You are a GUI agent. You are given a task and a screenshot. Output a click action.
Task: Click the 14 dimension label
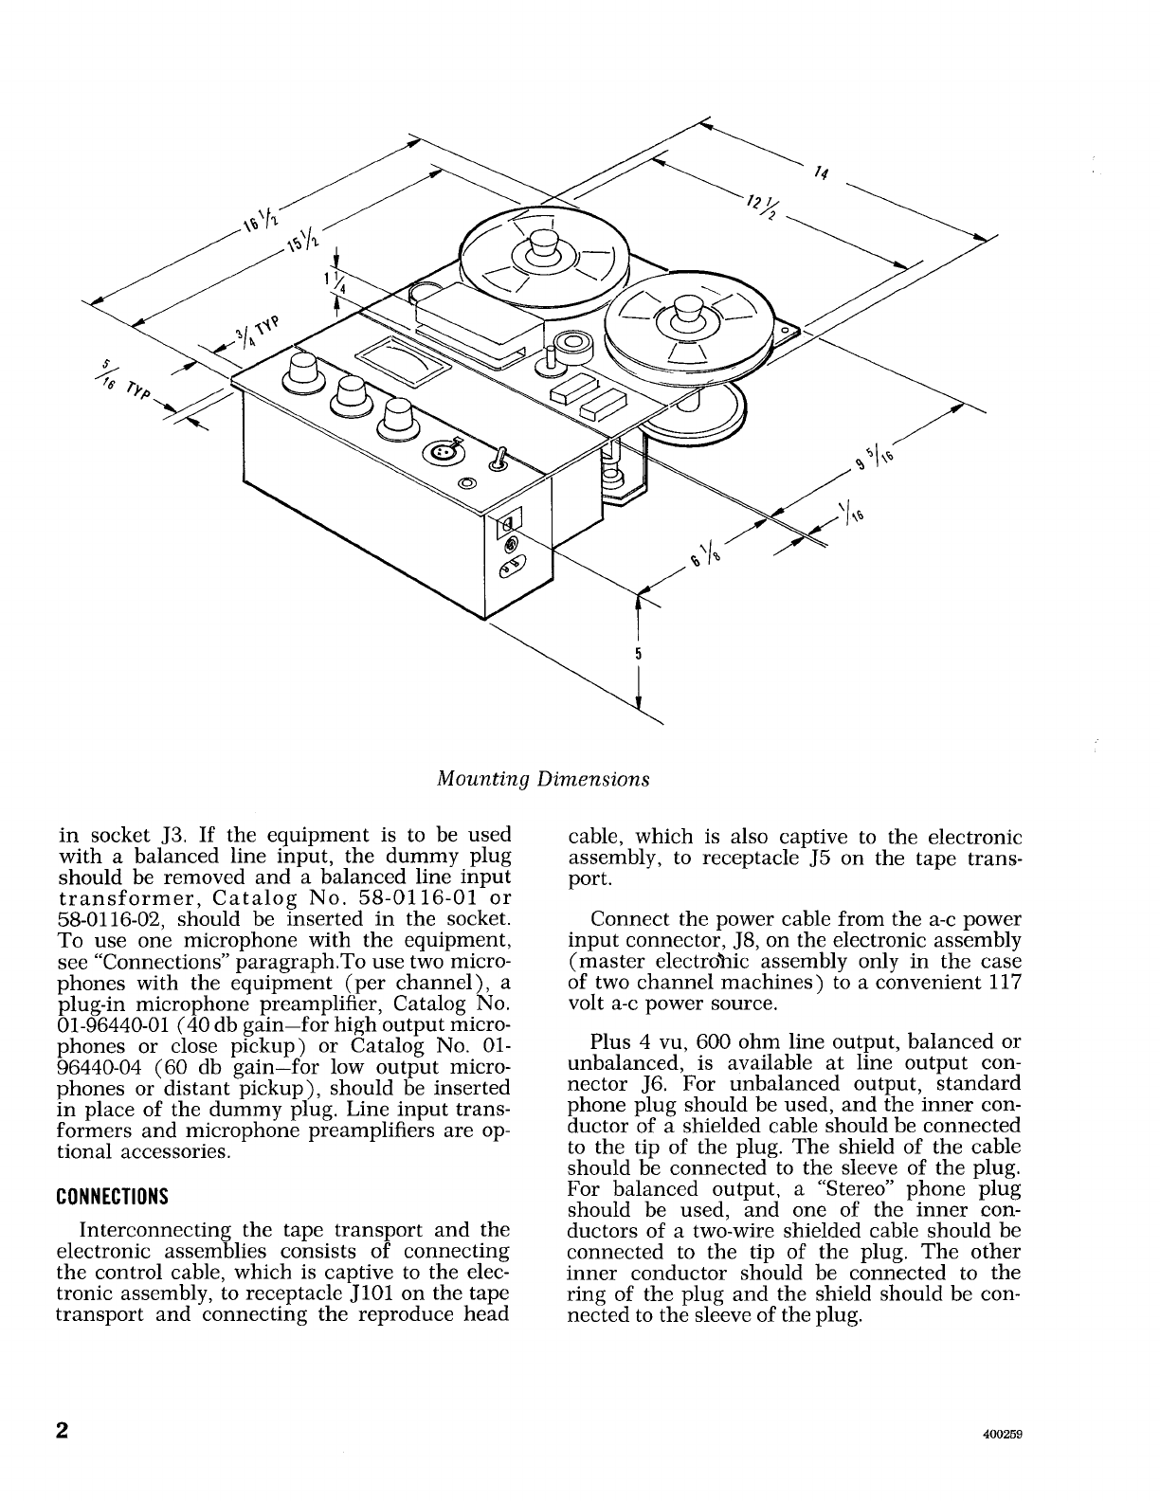click(820, 172)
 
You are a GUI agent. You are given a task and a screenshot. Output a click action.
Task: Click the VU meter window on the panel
click(402, 361)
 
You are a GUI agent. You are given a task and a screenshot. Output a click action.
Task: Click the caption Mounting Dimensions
click(543, 779)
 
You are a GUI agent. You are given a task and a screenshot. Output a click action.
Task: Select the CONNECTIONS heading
click(112, 1195)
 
